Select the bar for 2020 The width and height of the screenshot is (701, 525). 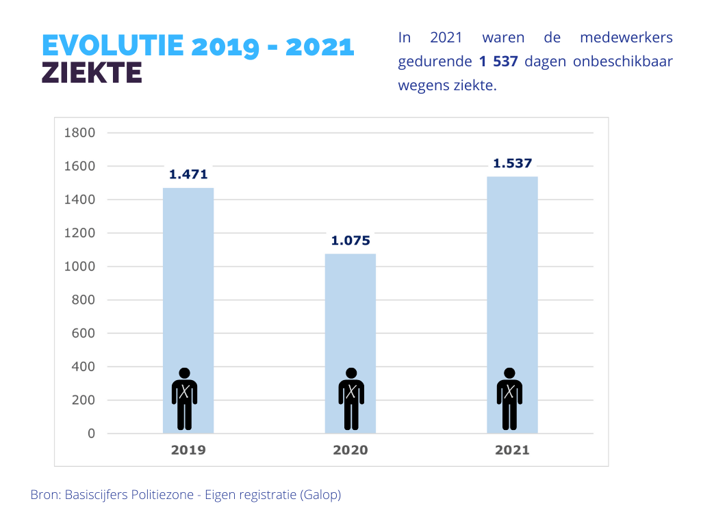coord(350,308)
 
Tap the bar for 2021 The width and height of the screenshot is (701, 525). coord(512,273)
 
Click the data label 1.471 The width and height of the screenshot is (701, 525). coord(188,174)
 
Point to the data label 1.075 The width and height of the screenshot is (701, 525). coord(350,241)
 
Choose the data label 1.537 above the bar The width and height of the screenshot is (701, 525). coord(513,163)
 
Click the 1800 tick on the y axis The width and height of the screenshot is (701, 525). coord(79,133)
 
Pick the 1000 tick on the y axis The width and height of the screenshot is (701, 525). coord(79,267)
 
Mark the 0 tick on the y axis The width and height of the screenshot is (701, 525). coord(91,434)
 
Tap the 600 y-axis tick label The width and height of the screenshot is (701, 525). coord(84,334)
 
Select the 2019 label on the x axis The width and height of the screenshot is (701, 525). coord(188,450)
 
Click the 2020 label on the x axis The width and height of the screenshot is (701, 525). coord(350,450)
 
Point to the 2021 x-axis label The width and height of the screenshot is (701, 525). coord(512,450)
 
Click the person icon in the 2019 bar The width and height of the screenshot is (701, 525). coord(184,399)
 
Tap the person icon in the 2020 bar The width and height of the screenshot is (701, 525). coord(351,399)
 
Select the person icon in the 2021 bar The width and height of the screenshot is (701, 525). coord(509,399)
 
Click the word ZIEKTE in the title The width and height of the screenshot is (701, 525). coord(92,72)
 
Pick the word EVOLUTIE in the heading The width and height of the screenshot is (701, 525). coord(113,46)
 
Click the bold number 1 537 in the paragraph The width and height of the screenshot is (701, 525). coord(498,62)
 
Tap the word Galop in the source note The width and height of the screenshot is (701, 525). coord(320,494)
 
